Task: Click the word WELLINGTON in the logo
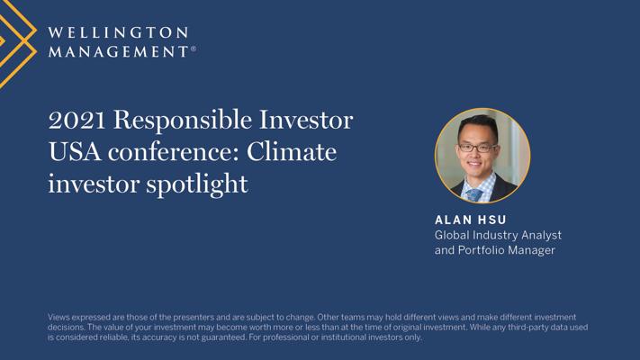click(118, 32)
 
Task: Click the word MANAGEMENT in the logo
click(118, 51)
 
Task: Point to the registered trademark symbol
click(194, 49)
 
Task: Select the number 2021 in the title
click(77, 120)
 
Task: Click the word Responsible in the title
click(183, 121)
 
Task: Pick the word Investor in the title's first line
click(306, 120)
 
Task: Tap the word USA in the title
click(75, 152)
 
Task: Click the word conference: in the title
click(173, 152)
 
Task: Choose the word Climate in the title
click(292, 152)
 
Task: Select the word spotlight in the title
click(197, 184)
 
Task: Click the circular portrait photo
click(482, 156)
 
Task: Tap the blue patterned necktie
click(473, 194)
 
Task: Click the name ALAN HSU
click(471, 220)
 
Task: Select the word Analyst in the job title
click(541, 236)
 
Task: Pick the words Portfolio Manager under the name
click(507, 250)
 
